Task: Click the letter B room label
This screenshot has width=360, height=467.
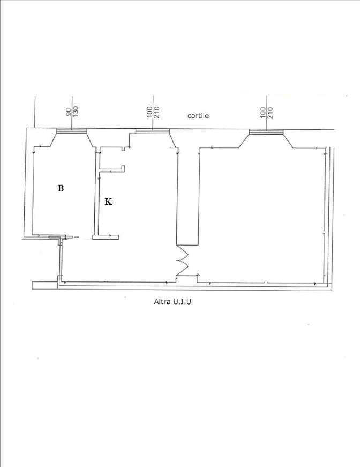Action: pyautogui.click(x=61, y=188)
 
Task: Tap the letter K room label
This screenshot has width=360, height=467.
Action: pyautogui.click(x=108, y=202)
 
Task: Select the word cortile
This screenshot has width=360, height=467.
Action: pyautogui.click(x=198, y=116)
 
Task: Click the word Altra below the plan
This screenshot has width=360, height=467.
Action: pyautogui.click(x=162, y=301)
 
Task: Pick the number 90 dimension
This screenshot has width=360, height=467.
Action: pyautogui.click(x=69, y=112)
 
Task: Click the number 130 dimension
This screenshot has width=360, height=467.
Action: pyautogui.click(x=76, y=111)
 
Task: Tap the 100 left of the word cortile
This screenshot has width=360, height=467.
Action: pyautogui.click(x=149, y=112)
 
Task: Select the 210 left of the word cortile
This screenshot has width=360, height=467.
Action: pyautogui.click(x=157, y=112)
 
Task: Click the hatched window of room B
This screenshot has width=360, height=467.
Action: pyautogui.click(x=71, y=131)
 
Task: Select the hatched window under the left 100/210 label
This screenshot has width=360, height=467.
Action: pyautogui.click(x=153, y=131)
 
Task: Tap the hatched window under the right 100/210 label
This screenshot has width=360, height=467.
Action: pyautogui.click(x=266, y=132)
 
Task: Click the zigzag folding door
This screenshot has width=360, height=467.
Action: pyautogui.click(x=182, y=260)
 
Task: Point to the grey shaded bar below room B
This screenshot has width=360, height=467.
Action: pyautogui.click(x=54, y=238)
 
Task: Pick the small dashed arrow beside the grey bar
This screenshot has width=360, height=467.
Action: pyautogui.click(x=76, y=237)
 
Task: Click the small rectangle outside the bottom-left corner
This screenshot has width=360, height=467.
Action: pyautogui.click(x=44, y=285)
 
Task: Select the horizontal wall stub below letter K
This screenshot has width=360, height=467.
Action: pyautogui.click(x=106, y=238)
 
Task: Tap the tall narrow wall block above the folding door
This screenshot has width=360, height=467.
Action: pyautogui.click(x=188, y=197)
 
